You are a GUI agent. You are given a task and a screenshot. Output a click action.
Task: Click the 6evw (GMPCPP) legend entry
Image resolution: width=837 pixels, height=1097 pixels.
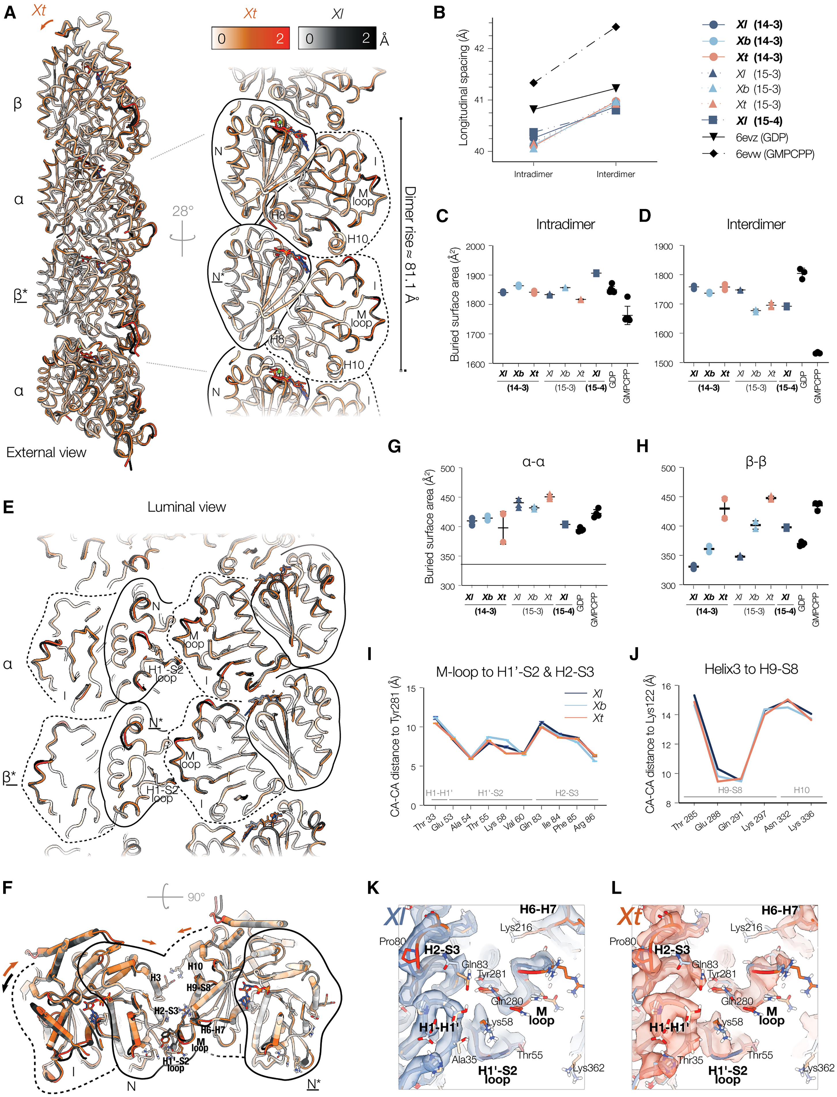point(775,154)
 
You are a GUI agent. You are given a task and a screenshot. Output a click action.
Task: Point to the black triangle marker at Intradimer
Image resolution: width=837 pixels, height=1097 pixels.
point(534,109)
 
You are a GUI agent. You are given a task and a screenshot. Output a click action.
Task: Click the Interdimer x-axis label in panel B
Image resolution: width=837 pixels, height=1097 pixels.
point(616,174)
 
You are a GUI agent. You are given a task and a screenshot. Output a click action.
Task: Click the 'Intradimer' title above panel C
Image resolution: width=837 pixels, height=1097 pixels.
point(565,224)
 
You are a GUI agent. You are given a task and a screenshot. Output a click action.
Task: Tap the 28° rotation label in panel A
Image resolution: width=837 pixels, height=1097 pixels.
point(183,211)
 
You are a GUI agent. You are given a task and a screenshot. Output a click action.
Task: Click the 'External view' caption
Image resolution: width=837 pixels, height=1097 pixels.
point(46,452)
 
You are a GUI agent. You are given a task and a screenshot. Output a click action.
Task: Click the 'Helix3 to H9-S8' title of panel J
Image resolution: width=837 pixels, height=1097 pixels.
point(751,669)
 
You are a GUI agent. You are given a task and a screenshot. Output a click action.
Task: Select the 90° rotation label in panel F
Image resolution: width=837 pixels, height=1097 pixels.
point(196,897)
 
